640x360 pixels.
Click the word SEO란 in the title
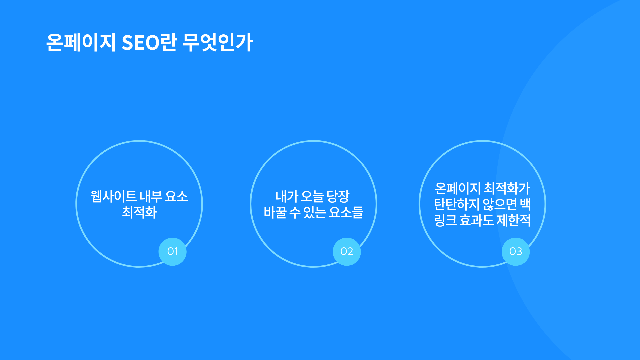(149, 42)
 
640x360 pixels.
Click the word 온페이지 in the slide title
(81, 42)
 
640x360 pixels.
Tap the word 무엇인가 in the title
(218, 42)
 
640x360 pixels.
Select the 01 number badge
(172, 252)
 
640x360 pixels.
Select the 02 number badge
(347, 252)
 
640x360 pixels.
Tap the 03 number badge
(516, 252)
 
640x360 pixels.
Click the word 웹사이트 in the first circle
(113, 196)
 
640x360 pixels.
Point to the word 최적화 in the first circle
(139, 212)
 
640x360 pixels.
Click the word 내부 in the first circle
(151, 196)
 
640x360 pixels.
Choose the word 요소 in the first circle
(177, 196)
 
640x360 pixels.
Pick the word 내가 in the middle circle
(287, 196)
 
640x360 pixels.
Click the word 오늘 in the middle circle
(312, 196)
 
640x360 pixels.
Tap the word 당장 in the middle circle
(338, 196)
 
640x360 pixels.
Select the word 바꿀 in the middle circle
(275, 212)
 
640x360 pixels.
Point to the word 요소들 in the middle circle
(346, 212)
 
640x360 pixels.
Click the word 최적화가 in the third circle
(507, 188)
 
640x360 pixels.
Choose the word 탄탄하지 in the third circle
(457, 204)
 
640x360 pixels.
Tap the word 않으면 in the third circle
(500, 204)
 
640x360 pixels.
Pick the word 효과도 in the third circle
(476, 220)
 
